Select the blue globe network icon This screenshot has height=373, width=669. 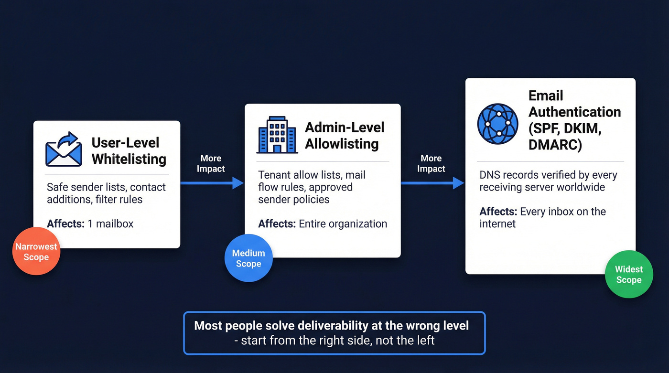[x=497, y=123]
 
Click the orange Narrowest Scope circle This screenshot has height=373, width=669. [x=36, y=251]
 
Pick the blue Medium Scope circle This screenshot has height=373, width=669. [x=248, y=258]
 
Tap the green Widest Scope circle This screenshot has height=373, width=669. [x=628, y=274]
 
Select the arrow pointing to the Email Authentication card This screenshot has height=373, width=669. [x=432, y=182]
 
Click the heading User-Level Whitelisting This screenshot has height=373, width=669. [x=129, y=150]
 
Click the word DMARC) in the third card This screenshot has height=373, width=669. [x=555, y=144]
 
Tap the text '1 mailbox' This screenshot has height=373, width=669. [x=110, y=223]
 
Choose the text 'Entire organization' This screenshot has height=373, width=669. [x=343, y=224]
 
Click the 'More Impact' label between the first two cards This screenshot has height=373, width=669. [x=211, y=163]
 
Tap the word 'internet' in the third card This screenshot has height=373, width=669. [x=497, y=224]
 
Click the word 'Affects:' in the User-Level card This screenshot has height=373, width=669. [x=65, y=223]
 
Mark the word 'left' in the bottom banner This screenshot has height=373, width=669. [x=424, y=341]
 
